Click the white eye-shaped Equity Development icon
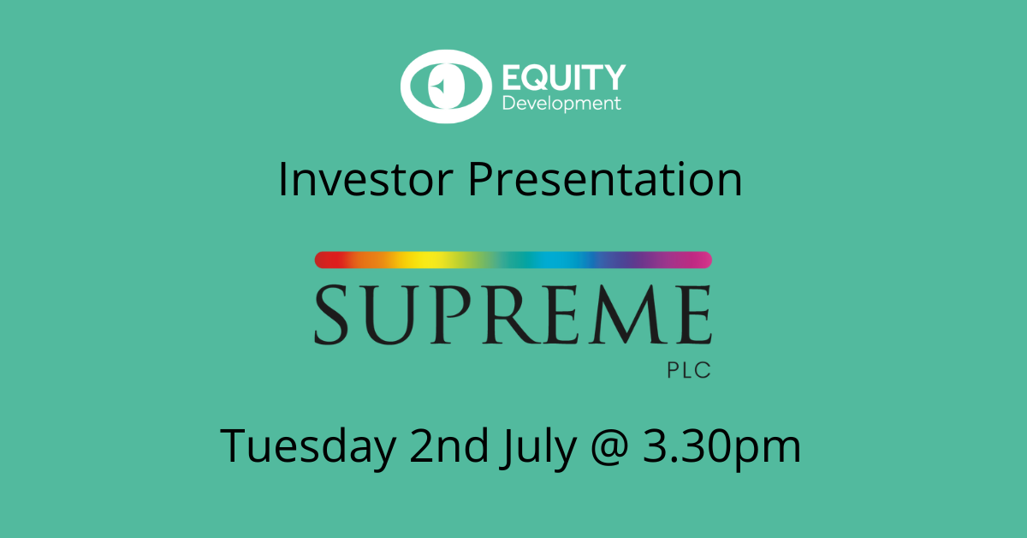[446, 87]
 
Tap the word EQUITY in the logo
[564, 77]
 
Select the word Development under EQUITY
[561, 104]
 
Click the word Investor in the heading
[366, 179]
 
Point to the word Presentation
[605, 179]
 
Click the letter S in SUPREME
[331, 315]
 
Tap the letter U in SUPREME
[389, 315]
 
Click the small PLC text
[689, 370]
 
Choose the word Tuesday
[308, 446]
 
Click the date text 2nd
[448, 445]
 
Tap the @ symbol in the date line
[608, 447]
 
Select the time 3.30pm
[721, 446]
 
